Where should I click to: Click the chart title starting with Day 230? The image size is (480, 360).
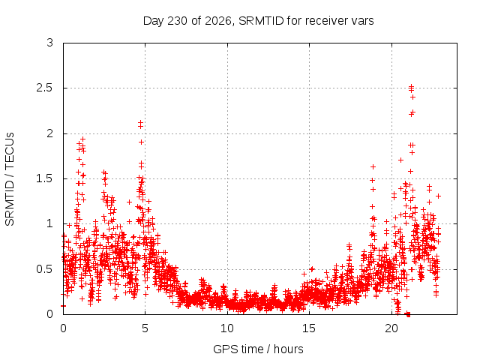point(258,21)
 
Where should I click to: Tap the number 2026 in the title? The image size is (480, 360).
point(217,21)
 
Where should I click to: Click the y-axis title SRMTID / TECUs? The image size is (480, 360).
point(10,179)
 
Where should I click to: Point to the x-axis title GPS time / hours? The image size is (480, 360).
point(258,349)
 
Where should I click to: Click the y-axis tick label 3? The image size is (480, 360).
point(50,43)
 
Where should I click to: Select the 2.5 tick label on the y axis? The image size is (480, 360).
point(45,88)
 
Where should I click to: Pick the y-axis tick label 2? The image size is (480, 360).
point(50,133)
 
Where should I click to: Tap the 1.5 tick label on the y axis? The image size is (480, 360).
point(45,178)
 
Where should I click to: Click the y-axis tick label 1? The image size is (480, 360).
point(50,223)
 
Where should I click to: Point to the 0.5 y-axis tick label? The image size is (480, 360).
point(45,269)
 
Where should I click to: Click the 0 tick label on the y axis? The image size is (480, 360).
point(50,314)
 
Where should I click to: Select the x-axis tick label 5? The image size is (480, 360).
point(145,328)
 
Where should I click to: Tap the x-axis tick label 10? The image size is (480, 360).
point(227,328)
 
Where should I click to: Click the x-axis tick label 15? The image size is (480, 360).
point(309,328)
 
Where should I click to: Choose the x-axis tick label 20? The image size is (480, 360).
point(391,328)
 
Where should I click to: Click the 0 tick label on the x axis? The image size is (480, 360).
point(63,328)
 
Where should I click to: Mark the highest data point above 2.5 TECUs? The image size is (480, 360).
point(412,86)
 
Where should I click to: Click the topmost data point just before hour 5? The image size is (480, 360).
point(140,122)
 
